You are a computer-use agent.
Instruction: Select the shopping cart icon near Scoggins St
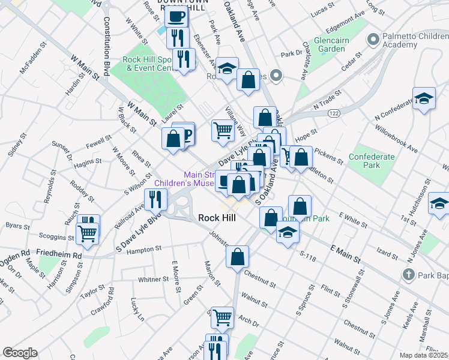[88, 233]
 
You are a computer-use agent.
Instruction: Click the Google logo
[20, 353]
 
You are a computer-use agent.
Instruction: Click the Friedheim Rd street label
[59, 255]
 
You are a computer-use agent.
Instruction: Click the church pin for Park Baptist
[408, 275]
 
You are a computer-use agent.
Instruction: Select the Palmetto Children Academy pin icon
[373, 40]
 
